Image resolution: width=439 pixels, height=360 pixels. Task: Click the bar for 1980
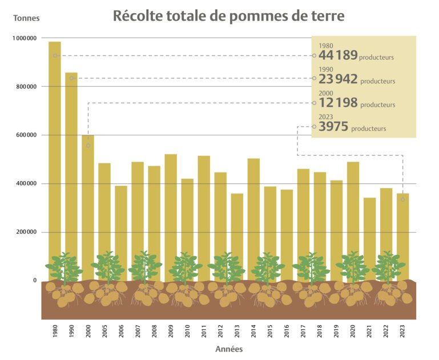[55, 154]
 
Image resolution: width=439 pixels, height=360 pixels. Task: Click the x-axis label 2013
[237, 331]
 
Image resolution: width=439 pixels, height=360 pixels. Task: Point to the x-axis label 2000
[88, 331]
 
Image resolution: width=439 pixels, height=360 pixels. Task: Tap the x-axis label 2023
[403, 331]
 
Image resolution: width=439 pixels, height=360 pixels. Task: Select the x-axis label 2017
[303, 331]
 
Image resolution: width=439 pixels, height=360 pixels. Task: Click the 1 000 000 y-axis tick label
[23, 38]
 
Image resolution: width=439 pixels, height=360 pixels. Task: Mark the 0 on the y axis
[34, 281]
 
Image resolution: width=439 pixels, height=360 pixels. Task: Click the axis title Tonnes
[26, 18]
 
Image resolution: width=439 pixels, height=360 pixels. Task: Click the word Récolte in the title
[136, 16]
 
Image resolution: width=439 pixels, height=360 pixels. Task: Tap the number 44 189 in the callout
[338, 55]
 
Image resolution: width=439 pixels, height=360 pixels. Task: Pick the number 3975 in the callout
[333, 127]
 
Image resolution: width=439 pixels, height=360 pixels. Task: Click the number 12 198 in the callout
[338, 103]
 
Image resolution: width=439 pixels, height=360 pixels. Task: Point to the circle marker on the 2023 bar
[403, 199]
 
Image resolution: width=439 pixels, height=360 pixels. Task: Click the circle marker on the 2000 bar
[88, 146]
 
